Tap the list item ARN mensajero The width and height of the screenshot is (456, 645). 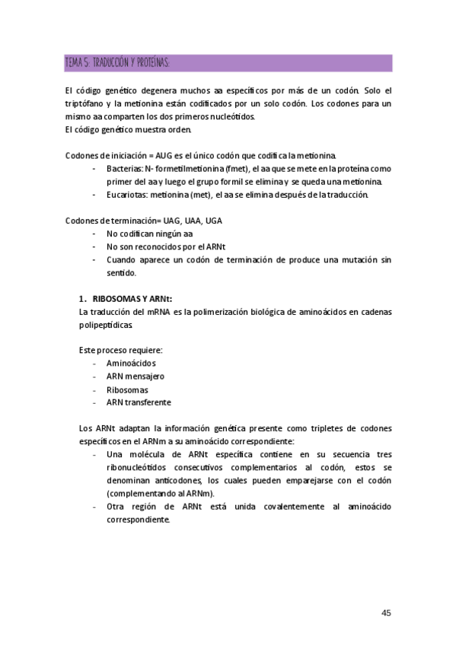click(136, 377)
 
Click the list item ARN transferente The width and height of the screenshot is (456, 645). click(139, 402)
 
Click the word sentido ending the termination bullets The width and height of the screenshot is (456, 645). click(121, 272)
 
